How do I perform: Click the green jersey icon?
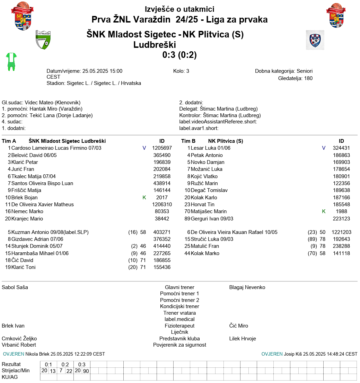[x=11, y=62]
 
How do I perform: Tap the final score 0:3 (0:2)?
[x=179, y=55]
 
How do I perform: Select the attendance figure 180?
[x=308, y=78]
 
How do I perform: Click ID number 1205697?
[x=162, y=148]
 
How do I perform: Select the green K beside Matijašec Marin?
[x=324, y=211]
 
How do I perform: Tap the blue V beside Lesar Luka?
[x=324, y=148]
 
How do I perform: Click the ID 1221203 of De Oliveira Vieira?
[x=341, y=232]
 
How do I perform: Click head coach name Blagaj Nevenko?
[x=247, y=287]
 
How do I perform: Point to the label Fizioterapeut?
[x=179, y=326]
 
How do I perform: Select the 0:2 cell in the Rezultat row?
[x=65, y=364]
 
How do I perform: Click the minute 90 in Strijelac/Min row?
[x=86, y=371]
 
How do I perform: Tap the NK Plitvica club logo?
[x=315, y=40]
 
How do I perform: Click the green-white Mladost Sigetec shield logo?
[x=43, y=40]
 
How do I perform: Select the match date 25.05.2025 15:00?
[x=102, y=71]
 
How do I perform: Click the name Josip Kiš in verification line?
[x=293, y=354]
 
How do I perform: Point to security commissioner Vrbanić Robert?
[x=19, y=345]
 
